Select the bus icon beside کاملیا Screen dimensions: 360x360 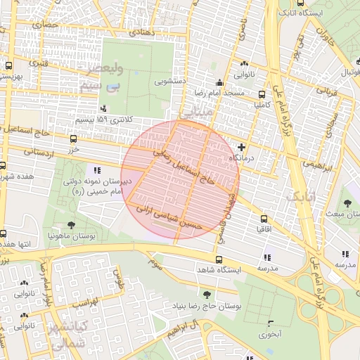(262, 94)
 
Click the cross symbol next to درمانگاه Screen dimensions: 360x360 (243, 147)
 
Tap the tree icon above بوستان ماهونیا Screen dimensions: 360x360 (71, 225)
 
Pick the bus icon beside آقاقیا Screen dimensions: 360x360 (264, 219)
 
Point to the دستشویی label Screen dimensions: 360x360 (170, 82)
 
